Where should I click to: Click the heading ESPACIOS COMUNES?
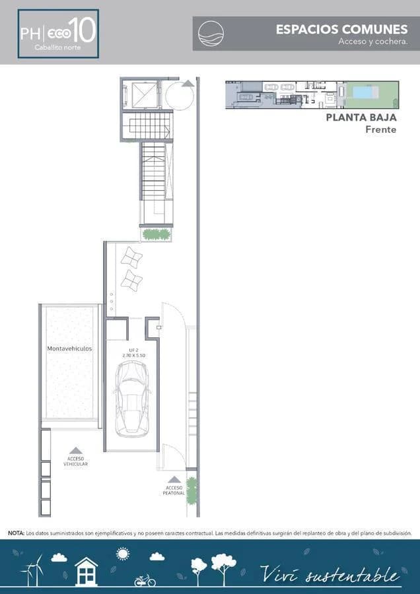[x=341, y=30]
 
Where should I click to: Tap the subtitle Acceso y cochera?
[x=372, y=42]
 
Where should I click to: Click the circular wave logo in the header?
[x=211, y=33]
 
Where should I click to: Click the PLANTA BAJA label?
[x=361, y=117]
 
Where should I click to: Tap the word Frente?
[x=381, y=129]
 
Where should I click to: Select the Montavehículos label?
[x=69, y=348]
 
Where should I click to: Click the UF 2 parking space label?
[x=133, y=350]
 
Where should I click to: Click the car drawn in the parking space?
[x=132, y=399]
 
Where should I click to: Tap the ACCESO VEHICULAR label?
[x=75, y=461]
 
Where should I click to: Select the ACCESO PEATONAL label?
[x=174, y=490]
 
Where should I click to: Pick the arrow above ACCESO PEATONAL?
[x=174, y=479]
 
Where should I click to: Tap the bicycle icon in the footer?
[x=145, y=580]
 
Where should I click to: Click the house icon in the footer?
[x=86, y=572]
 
